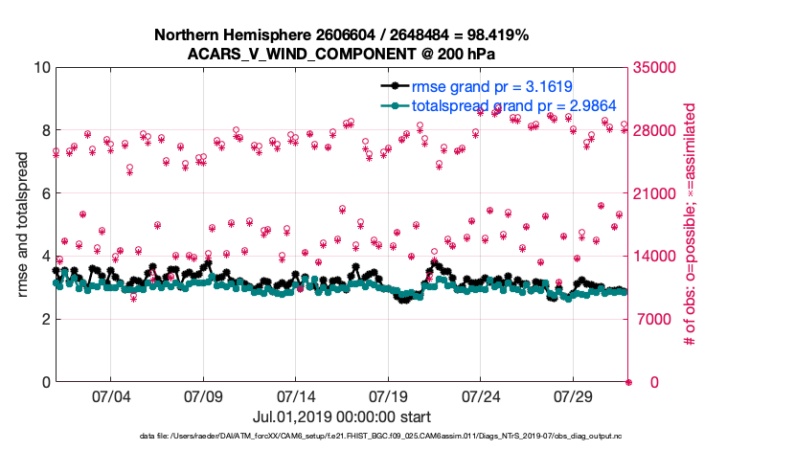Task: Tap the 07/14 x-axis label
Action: [296, 396]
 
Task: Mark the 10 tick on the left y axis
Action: [39, 68]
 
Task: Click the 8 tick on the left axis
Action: [44, 130]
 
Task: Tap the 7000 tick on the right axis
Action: [652, 319]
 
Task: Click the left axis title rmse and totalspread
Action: [22, 225]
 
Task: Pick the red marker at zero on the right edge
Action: [628, 382]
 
